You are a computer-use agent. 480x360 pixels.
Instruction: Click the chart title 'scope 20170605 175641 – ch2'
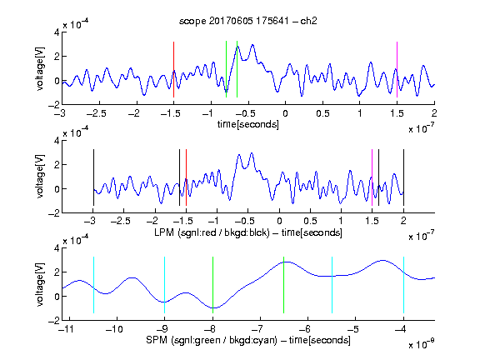248,21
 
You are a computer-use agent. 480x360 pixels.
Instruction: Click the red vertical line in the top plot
173,69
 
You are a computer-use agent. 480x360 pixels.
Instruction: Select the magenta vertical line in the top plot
397,69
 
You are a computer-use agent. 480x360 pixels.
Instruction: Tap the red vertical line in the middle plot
186,177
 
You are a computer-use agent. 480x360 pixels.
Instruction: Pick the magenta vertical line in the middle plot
372,177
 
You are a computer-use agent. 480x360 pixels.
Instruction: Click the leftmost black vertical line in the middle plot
93,177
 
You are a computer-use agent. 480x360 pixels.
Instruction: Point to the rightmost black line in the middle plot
403,177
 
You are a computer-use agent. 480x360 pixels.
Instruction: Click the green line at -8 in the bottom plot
212,285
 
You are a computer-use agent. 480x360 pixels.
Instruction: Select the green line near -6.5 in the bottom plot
284,285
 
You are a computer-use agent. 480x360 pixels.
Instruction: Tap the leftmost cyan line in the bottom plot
93,285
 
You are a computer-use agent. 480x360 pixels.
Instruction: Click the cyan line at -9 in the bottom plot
165,285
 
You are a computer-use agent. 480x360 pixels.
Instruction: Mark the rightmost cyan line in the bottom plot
403,285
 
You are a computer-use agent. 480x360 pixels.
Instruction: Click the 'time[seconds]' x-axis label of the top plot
248,124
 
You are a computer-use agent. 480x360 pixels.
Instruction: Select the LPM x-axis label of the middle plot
248,232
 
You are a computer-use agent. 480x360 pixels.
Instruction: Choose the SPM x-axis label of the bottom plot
248,340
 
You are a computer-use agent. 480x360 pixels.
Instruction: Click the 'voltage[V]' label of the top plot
40,68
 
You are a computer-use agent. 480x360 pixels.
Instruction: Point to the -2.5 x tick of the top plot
97,113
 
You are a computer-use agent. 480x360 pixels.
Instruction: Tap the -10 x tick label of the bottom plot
114,329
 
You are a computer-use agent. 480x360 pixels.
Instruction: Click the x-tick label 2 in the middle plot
403,221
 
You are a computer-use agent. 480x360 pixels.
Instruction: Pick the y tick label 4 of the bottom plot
57,248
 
